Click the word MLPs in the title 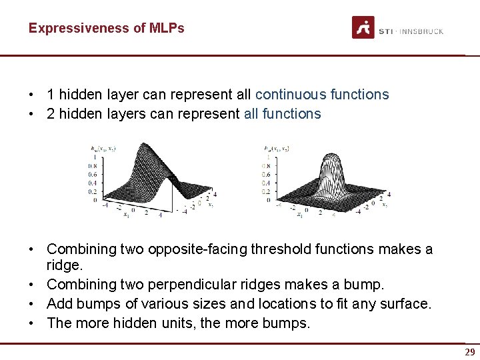click(x=167, y=29)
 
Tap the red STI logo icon click(x=363, y=27)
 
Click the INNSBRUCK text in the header click(x=421, y=31)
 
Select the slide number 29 click(x=469, y=352)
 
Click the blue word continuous click(x=291, y=95)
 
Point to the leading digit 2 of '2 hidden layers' click(x=51, y=114)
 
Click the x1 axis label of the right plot click(x=301, y=215)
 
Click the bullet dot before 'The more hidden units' click(x=31, y=323)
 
